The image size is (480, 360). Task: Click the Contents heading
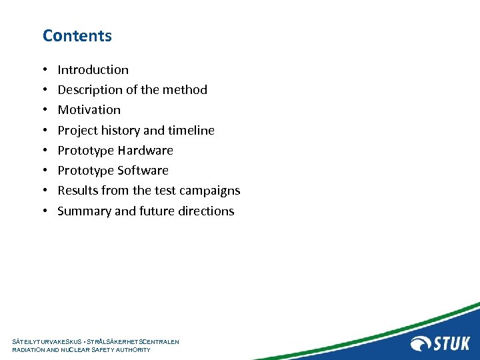pyautogui.click(x=77, y=36)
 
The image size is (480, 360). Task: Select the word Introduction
pyautogui.click(x=93, y=70)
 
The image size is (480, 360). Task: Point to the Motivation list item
pyautogui.click(x=89, y=110)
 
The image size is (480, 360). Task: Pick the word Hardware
pyautogui.click(x=145, y=151)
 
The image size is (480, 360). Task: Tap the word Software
pyautogui.click(x=143, y=171)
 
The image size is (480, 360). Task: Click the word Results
pyautogui.click(x=78, y=191)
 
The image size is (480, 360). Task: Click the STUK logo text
pyautogui.click(x=453, y=343)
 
